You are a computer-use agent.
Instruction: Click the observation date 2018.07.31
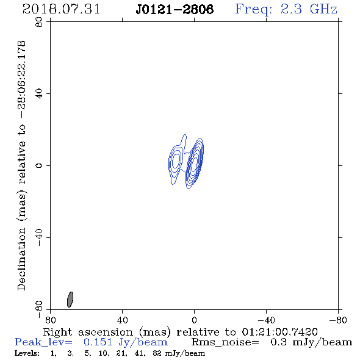61,9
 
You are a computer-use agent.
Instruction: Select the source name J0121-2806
175,9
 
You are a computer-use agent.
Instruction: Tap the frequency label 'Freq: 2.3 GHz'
286,9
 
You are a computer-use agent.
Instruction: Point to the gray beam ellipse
70,300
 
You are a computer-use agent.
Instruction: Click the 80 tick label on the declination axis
39,22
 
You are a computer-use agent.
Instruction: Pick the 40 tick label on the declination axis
39,94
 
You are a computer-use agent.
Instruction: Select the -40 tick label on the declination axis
39,237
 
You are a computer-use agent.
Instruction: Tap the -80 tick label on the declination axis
39,309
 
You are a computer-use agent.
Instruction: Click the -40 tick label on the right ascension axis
266,320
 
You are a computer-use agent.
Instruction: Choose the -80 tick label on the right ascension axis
338,320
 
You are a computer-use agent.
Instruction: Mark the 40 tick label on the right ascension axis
123,320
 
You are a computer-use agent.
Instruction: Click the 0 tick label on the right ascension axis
194,320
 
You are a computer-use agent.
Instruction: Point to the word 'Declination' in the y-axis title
21,259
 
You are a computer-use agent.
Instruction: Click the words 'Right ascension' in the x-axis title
88,332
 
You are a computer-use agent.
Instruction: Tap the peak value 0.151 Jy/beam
125,342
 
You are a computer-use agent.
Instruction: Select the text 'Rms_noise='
225,342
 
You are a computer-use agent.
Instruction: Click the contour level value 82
157,353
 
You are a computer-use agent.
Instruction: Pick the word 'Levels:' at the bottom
27,353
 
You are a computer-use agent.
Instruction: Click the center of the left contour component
176,160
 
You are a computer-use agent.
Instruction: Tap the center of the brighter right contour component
195,164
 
